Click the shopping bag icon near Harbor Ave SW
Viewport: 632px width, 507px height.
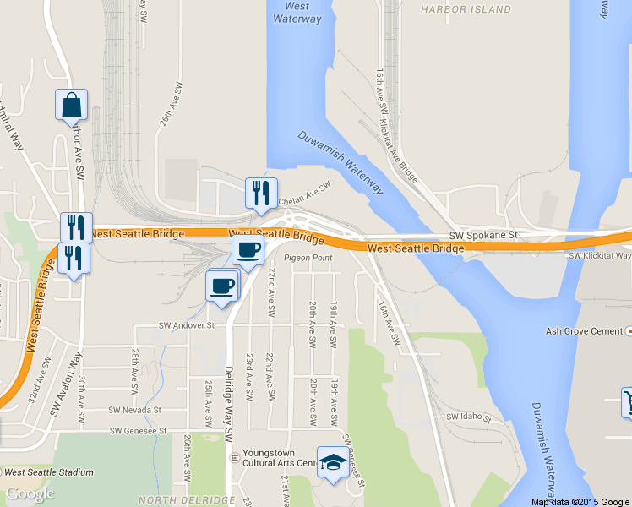click(x=72, y=106)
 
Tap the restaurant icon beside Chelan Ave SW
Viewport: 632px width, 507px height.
click(x=261, y=194)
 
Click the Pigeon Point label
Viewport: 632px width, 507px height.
click(x=308, y=258)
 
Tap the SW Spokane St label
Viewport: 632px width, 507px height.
click(x=482, y=234)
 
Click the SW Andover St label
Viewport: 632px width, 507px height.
click(x=187, y=324)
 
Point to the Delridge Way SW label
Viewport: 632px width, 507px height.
click(x=227, y=390)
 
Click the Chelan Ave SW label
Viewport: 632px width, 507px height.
click(x=306, y=197)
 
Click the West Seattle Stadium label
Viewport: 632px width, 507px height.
click(x=47, y=472)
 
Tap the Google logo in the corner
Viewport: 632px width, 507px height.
click(x=30, y=493)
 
